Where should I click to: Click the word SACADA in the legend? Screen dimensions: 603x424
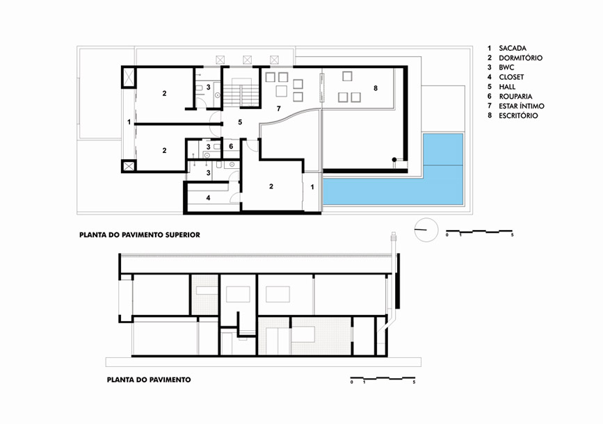513,49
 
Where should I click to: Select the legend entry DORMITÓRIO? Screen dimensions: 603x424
520,58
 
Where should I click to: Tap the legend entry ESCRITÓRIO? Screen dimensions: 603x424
518,115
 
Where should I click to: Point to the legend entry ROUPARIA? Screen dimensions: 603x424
515,97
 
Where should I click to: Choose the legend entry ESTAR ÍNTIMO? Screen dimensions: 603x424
522,106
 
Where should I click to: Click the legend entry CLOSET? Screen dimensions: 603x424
511,77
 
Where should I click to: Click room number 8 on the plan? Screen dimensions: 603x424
376,88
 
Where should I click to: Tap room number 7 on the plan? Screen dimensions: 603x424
279,109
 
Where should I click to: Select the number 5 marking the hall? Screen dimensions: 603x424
240,122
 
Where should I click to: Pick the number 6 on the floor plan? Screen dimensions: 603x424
231,147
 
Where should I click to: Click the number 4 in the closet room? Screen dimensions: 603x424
208,198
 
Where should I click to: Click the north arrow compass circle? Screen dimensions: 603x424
426,230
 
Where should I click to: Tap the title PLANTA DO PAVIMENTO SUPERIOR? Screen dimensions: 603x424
140,235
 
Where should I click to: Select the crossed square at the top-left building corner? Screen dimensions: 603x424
129,77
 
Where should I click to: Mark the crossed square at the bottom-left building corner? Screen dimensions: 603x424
129,166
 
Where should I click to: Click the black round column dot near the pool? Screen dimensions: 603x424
394,160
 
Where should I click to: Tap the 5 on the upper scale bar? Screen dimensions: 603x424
513,235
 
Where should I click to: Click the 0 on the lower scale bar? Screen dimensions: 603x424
351,382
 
